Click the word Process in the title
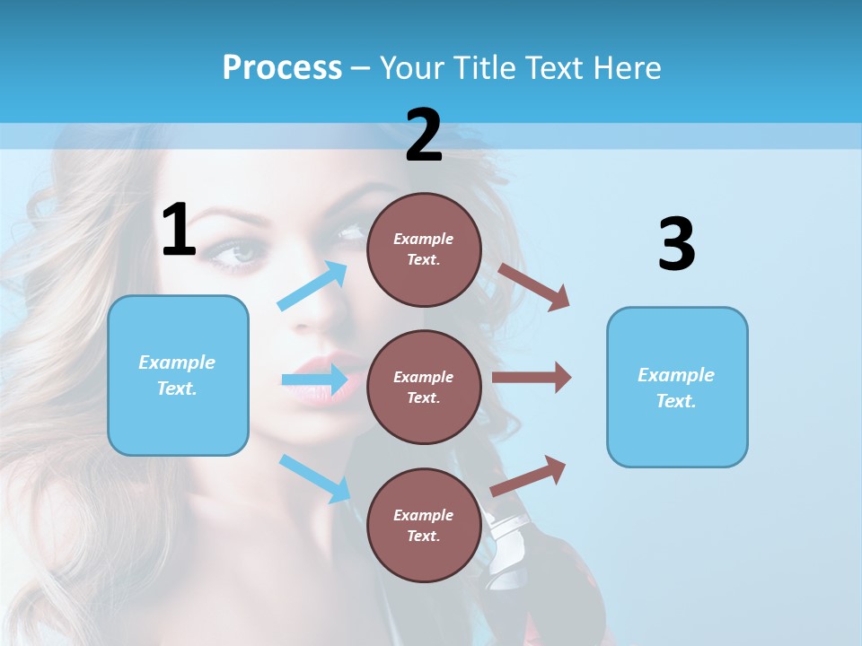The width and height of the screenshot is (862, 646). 282,67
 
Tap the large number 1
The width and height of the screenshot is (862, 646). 179,231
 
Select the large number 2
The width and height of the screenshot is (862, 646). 424,135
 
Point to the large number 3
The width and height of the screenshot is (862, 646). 676,245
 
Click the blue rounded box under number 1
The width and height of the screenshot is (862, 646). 178,375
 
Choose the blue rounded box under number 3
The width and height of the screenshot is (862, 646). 677,387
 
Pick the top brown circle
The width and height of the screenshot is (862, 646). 424,249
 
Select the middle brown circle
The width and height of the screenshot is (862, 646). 424,387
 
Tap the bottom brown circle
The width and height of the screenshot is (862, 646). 424,525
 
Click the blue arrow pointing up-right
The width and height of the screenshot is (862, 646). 312,286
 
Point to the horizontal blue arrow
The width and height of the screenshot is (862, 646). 314,380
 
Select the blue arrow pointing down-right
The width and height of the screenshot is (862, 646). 314,477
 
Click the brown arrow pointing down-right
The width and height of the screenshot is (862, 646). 533,286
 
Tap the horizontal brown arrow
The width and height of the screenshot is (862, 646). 532,378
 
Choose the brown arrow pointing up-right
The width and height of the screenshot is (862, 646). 528,476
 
